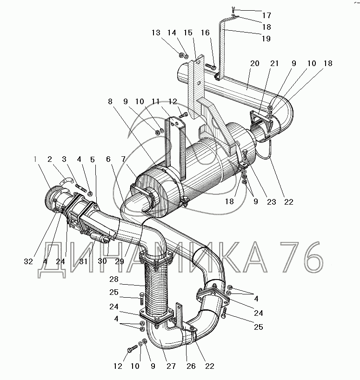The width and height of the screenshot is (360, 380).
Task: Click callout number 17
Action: click(267, 15)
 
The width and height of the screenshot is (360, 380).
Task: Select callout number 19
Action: click(266, 39)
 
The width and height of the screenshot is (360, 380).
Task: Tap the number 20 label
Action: click(255, 63)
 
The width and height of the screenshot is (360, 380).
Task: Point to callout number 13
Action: click(156, 33)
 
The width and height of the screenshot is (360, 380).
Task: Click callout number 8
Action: click(110, 101)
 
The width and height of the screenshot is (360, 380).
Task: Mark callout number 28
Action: click(113, 279)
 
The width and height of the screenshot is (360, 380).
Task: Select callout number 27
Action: click(171, 366)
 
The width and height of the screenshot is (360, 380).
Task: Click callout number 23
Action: click(272, 202)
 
